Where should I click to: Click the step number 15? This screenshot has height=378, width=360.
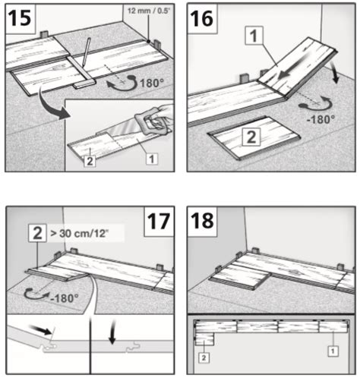(20, 18)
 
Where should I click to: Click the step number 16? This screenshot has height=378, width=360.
(202, 18)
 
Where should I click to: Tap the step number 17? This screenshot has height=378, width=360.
(159, 222)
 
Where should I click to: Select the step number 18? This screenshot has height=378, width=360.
(202, 221)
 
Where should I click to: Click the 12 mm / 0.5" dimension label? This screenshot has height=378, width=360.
(149, 11)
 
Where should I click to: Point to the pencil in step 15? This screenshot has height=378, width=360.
(86, 52)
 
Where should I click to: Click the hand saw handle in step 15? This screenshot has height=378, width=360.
(151, 123)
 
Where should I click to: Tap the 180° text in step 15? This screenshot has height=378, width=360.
(151, 83)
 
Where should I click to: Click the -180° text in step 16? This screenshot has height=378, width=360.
(321, 119)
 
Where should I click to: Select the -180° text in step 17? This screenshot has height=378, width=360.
(65, 298)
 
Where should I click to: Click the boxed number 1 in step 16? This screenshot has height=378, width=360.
(254, 36)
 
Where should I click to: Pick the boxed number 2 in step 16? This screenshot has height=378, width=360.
(251, 137)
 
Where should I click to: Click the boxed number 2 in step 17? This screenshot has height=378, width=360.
(37, 233)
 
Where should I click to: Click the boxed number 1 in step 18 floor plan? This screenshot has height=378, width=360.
(333, 351)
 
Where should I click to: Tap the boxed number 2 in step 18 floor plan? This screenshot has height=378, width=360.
(204, 358)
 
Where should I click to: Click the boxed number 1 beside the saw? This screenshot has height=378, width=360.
(151, 159)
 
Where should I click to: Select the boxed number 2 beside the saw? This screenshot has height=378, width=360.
(90, 161)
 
